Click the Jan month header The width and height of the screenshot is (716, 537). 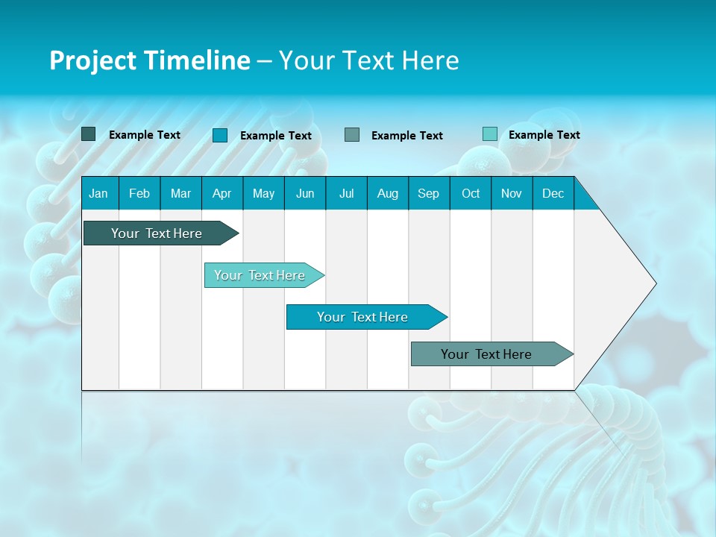point(98,193)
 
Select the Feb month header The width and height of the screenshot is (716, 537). point(139,193)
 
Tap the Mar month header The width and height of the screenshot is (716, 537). point(180,193)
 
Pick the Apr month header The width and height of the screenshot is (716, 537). point(222,193)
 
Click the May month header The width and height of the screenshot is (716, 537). point(263,193)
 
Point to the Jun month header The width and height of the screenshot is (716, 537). point(305,193)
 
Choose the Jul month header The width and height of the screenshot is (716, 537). point(346,193)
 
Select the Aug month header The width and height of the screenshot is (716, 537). point(388,193)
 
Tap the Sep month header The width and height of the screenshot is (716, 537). point(429,193)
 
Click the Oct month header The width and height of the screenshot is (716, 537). point(471,193)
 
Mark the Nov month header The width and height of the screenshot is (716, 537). point(512,193)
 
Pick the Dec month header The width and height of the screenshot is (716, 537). point(553,193)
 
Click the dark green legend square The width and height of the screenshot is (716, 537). point(89,134)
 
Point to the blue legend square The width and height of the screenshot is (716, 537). point(220,135)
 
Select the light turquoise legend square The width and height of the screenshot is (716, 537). point(490,134)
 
